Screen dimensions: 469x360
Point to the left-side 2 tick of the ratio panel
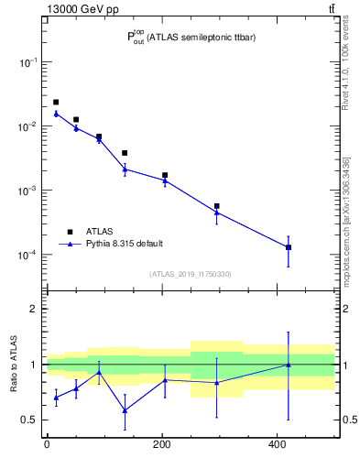[x=34, y=309]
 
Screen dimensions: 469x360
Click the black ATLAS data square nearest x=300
[x=216, y=206]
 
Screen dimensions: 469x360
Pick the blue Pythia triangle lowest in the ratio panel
[x=125, y=410]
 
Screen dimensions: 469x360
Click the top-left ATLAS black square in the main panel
[x=56, y=102]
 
